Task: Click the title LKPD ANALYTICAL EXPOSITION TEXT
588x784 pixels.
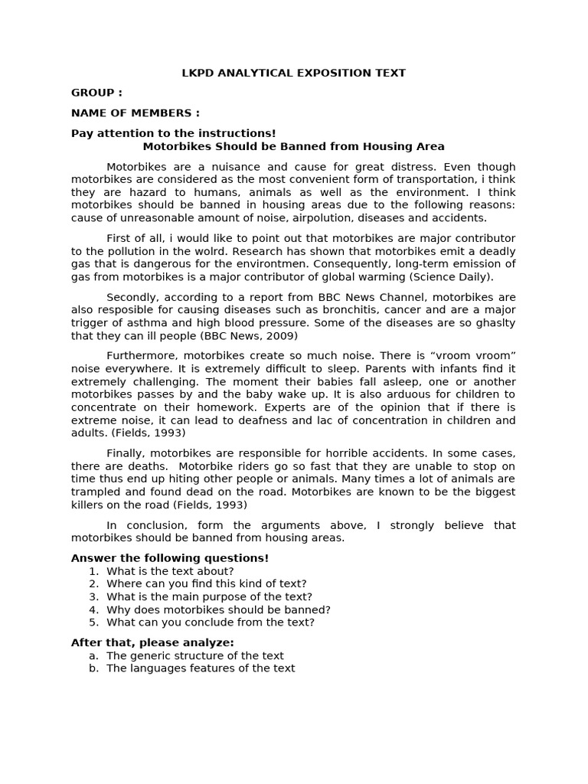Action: click(x=293, y=73)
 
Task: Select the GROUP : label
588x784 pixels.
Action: click(x=96, y=93)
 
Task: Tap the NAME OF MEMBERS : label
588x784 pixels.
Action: click(x=135, y=113)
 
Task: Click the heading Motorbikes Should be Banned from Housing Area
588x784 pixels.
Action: click(x=293, y=146)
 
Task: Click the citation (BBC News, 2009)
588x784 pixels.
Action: click(x=249, y=336)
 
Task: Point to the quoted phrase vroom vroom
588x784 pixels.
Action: click(x=474, y=356)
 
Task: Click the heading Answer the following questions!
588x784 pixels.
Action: click(x=170, y=558)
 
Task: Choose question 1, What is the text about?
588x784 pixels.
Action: click(x=170, y=571)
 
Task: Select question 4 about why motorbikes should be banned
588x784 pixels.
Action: click(x=218, y=609)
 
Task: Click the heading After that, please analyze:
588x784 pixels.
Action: click(x=152, y=642)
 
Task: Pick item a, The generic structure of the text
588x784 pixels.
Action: click(x=194, y=655)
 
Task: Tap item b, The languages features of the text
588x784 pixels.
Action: click(x=201, y=668)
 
